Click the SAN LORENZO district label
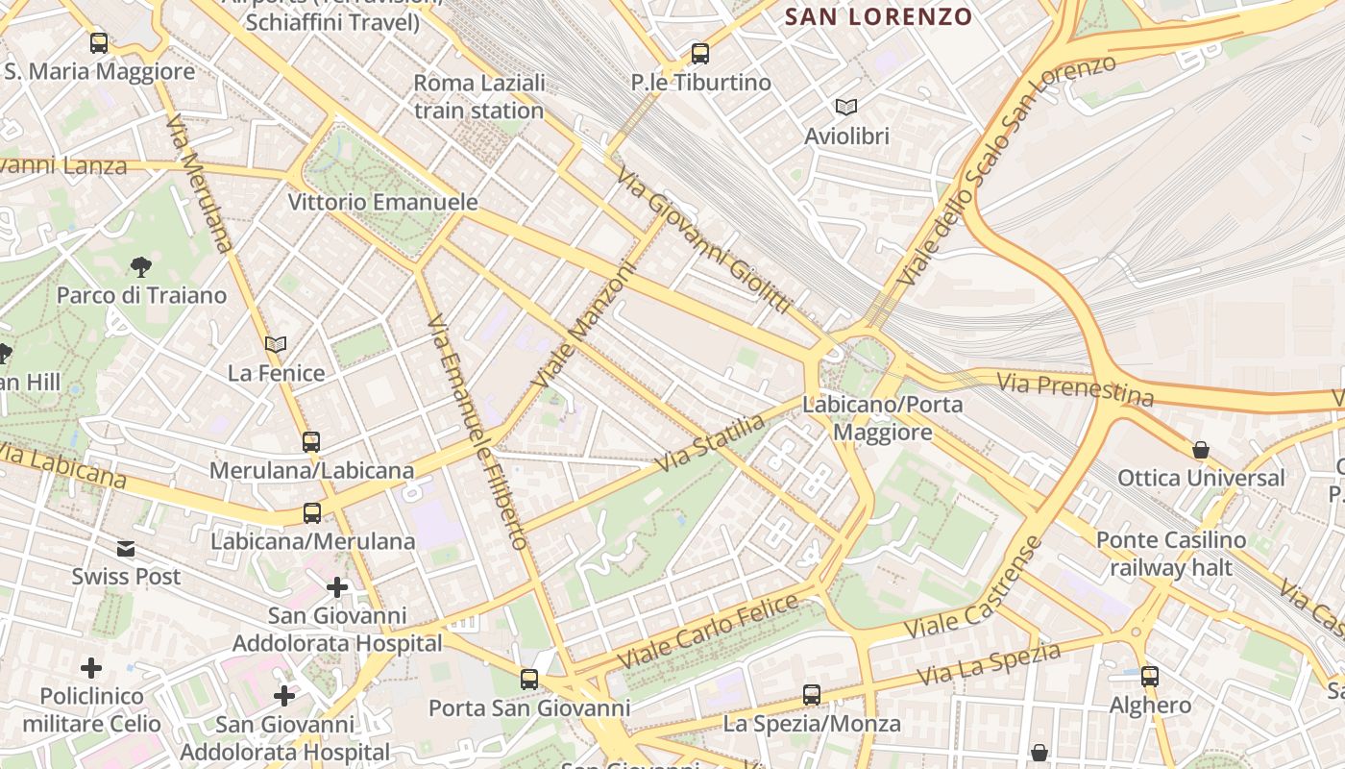pos(879,16)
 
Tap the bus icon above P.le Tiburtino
pos(700,54)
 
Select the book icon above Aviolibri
pos(846,107)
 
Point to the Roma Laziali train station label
pos(479,96)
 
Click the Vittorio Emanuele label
pos(383,202)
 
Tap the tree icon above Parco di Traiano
pos(141,266)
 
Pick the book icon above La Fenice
pos(276,344)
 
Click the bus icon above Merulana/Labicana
pos(311,442)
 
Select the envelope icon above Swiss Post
pos(126,549)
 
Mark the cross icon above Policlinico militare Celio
pos(91,667)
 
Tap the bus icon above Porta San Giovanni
pos(529,680)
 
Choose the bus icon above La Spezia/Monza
pos(812,694)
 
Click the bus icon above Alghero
pos(1150,677)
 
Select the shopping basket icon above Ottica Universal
pos(1201,449)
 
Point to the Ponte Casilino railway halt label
pos(1171,554)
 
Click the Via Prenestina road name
pos(1075,389)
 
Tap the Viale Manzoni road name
pos(586,328)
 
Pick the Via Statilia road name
pos(710,443)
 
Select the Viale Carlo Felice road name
pos(708,633)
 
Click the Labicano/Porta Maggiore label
pos(883,418)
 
